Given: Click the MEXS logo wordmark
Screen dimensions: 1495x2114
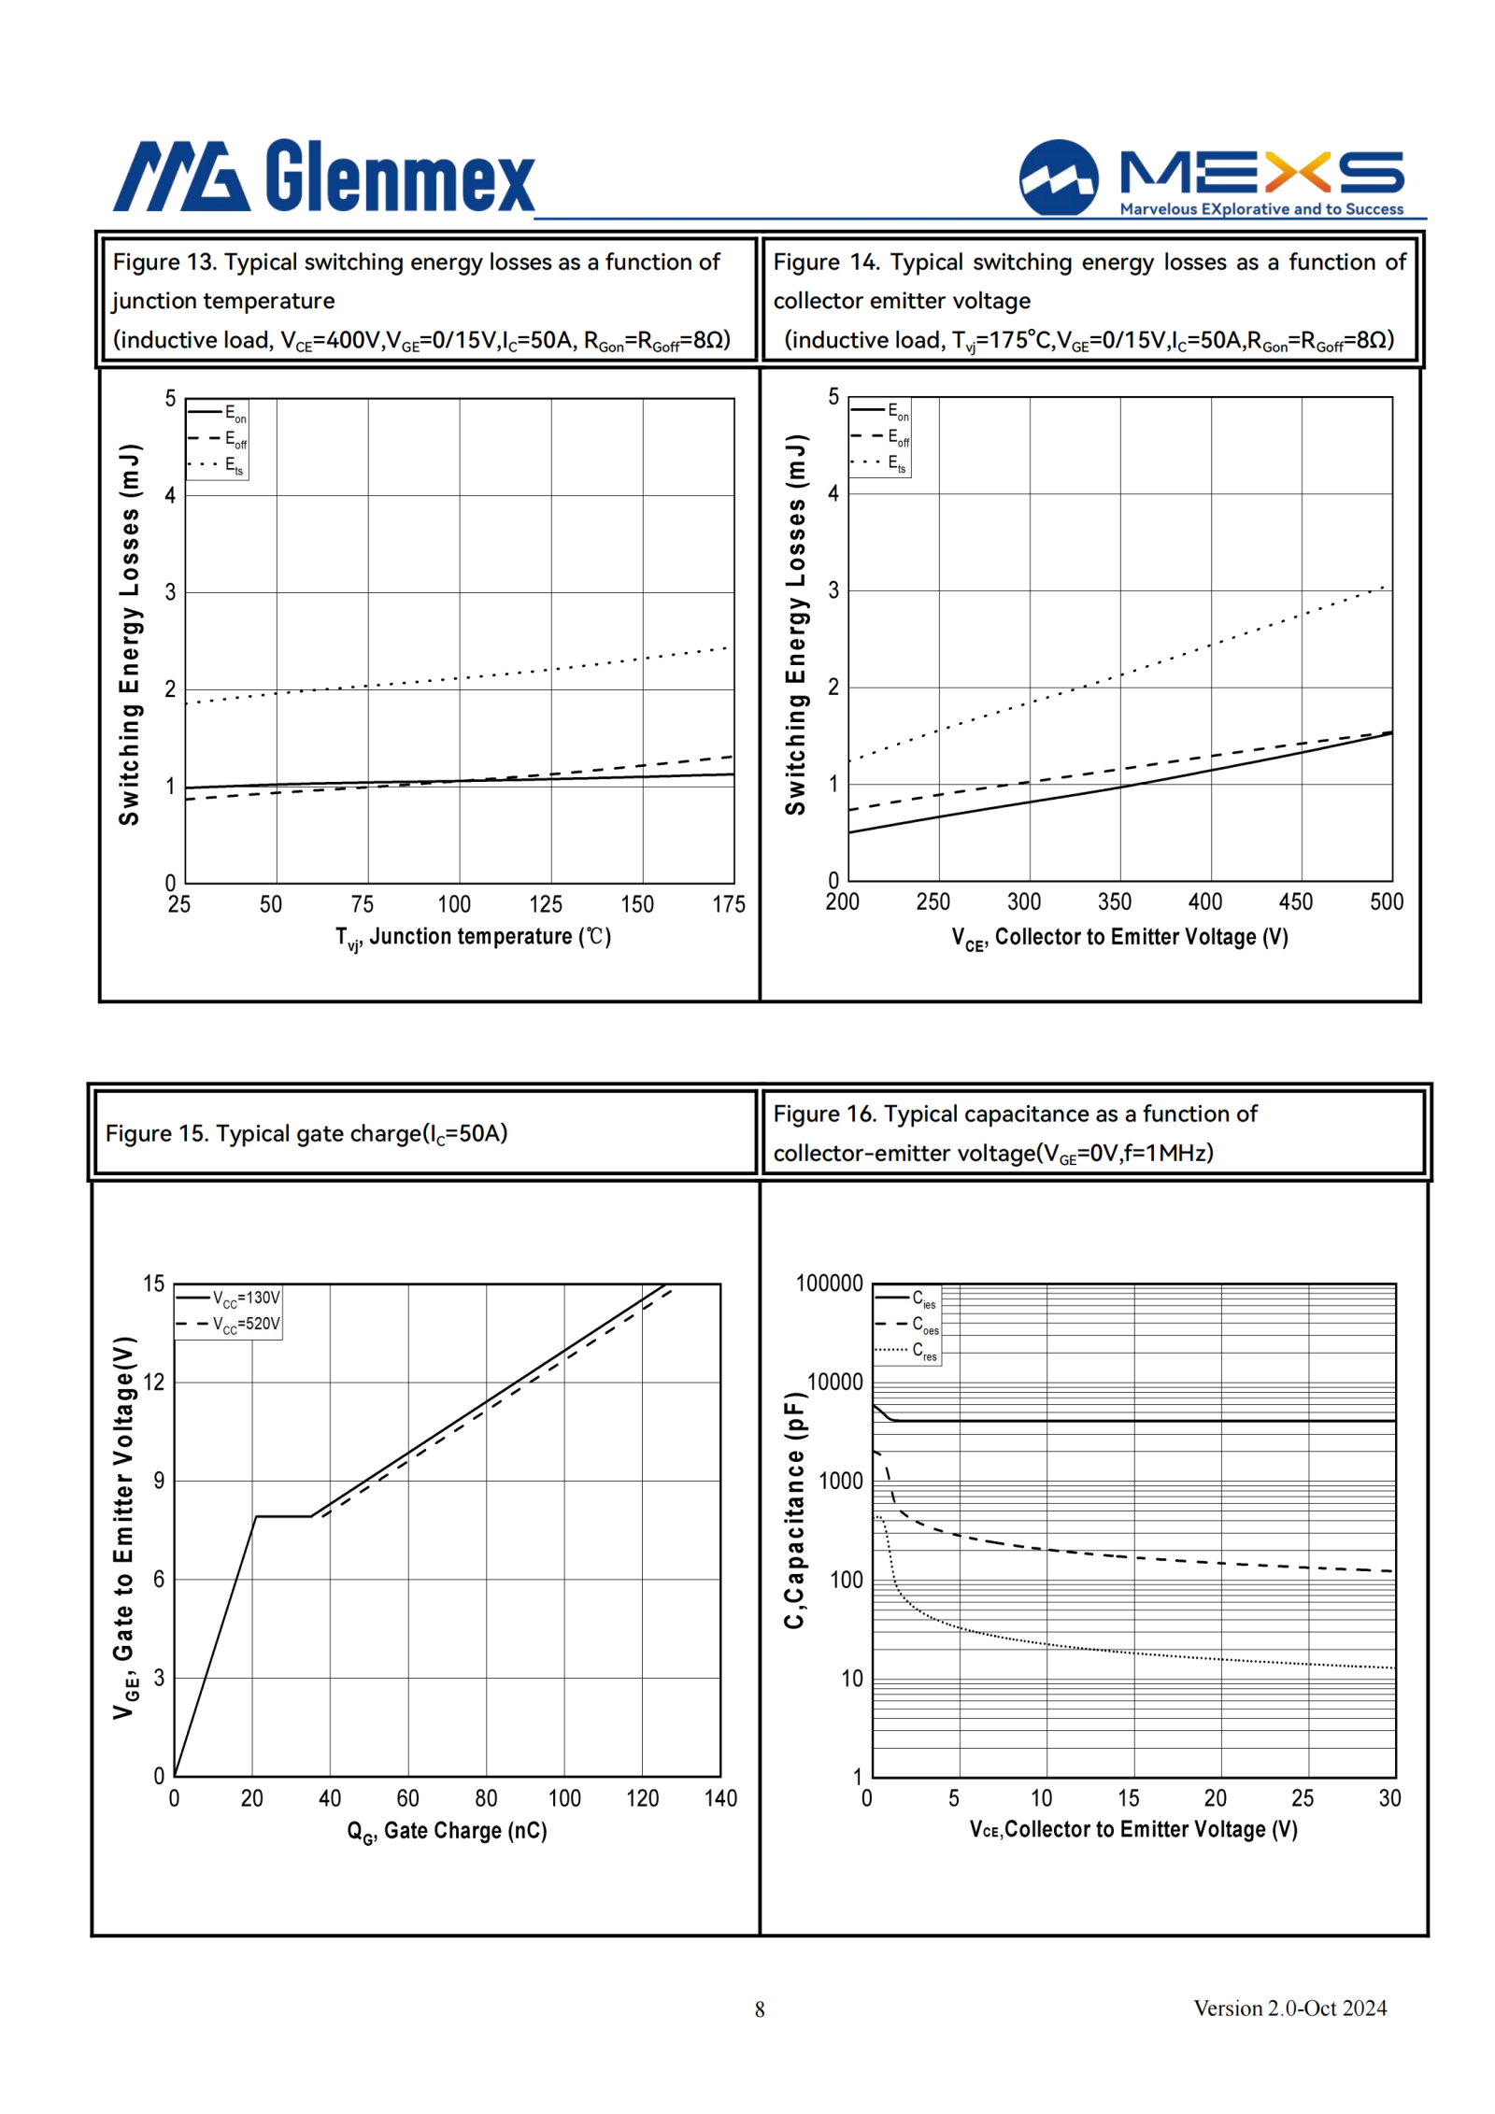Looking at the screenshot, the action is point(1261,172).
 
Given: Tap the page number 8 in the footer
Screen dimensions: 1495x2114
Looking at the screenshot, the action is point(760,2008).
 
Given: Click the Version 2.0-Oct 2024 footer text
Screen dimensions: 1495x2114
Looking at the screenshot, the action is point(1289,2008).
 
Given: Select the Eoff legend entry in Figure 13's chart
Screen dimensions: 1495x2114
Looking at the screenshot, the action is point(218,439).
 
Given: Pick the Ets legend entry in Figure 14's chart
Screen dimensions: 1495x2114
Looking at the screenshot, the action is point(879,462).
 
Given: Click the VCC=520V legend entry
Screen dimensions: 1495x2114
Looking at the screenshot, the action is point(228,1324).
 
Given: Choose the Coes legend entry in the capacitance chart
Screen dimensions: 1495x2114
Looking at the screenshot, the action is point(907,1324).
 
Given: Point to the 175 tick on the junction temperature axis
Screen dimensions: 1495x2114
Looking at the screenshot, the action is point(729,903).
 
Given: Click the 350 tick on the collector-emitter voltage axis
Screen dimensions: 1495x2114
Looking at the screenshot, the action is point(1115,901).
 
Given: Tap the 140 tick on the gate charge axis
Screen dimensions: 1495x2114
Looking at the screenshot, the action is point(720,1798).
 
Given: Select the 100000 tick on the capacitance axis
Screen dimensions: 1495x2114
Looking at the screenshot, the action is point(829,1284).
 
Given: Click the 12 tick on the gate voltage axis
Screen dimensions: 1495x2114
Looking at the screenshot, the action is point(154,1382).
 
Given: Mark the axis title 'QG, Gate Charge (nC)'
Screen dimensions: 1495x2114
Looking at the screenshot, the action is point(447,1831).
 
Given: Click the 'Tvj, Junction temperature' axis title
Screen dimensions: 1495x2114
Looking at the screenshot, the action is point(473,937).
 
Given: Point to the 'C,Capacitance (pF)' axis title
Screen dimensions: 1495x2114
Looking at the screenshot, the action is point(794,1511).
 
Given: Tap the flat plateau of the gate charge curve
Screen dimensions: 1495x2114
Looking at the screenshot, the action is point(283,1516).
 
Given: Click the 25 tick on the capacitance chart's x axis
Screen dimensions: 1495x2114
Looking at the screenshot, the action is point(1303,1798).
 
